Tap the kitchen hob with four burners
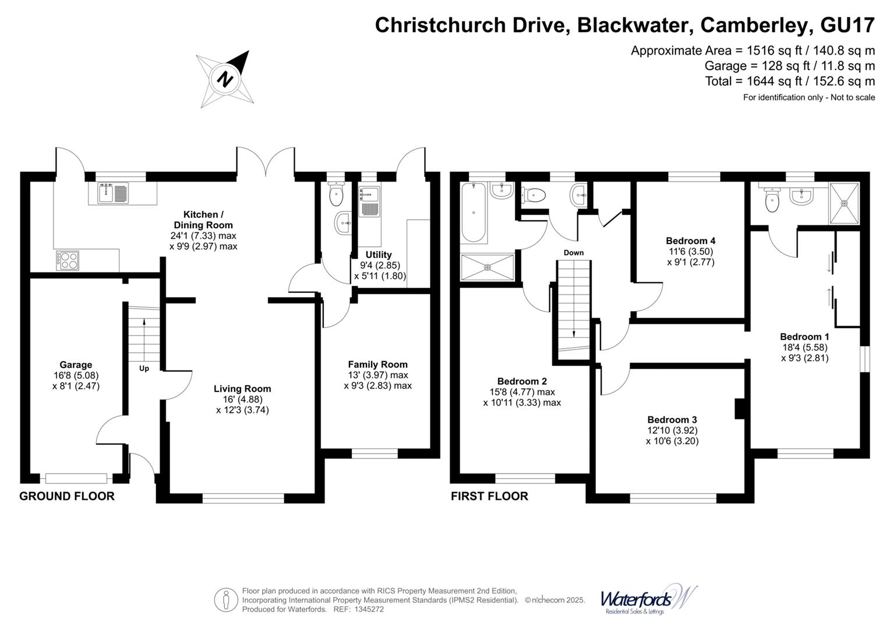[67, 259]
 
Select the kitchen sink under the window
[113, 192]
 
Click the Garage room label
[76, 365]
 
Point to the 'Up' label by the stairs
[144, 369]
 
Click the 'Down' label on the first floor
[573, 253]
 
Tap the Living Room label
[242, 389]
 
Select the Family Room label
[377, 365]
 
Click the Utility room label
[379, 255]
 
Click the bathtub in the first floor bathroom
[473, 213]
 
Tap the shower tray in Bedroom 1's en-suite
[844, 203]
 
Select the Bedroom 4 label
[690, 241]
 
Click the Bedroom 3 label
[672, 419]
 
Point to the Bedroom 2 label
[522, 381]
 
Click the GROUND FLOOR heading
[67, 496]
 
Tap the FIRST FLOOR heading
[489, 496]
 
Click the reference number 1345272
[366, 609]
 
